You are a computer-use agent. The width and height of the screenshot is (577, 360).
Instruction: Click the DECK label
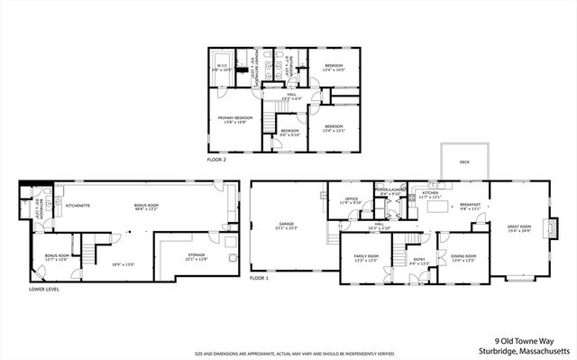[464, 162]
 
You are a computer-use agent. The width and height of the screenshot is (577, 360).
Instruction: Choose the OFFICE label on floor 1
[351, 200]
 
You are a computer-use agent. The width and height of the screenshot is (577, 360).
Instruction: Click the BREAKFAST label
[468, 205]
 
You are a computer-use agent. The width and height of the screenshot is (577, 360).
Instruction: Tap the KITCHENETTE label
[78, 205]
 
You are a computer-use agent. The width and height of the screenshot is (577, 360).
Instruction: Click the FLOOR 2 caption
[216, 159]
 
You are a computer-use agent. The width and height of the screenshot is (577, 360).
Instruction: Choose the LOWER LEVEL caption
[37, 289]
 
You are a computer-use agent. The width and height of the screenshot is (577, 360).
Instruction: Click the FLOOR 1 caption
[260, 279]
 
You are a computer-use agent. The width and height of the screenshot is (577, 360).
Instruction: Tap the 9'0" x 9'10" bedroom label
[288, 133]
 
